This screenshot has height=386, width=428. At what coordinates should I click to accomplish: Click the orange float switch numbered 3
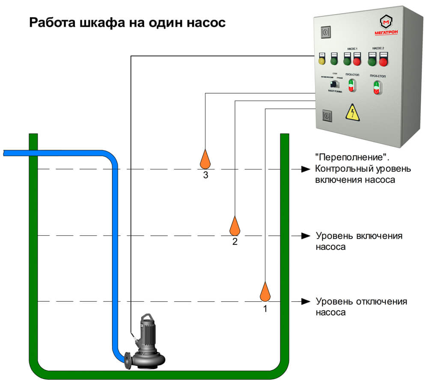tap(205, 159)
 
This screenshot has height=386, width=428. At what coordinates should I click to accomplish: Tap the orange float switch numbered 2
tap(235, 226)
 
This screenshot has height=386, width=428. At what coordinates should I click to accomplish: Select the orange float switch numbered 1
tap(265, 292)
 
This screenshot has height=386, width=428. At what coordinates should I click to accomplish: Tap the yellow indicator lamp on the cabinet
tap(321, 61)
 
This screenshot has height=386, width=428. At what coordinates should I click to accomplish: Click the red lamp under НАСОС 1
tap(357, 61)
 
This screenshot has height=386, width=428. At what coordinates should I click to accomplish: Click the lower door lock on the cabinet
tap(327, 116)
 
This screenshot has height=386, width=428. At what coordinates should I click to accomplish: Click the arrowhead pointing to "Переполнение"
tap(305, 169)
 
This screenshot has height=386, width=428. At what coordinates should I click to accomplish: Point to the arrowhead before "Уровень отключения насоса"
tap(305, 301)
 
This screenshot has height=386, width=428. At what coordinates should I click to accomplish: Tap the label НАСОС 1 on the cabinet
tap(351, 49)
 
